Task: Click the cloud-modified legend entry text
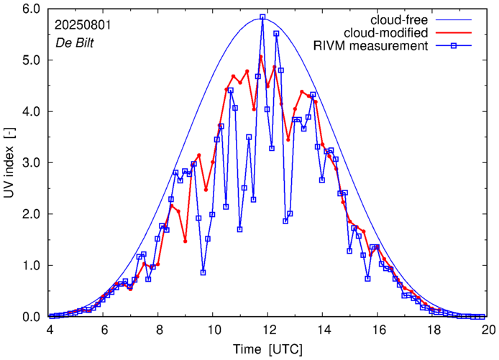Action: click(388, 33)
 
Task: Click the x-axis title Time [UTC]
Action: click(268, 349)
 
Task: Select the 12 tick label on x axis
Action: click(269, 330)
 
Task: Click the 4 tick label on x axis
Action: click(50, 330)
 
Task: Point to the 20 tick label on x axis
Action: click(488, 330)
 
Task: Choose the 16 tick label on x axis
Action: click(379, 330)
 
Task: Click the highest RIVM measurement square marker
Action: click(262, 17)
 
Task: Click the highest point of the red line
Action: click(261, 56)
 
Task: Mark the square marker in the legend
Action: click(460, 47)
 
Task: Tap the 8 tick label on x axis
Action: click(160, 330)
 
